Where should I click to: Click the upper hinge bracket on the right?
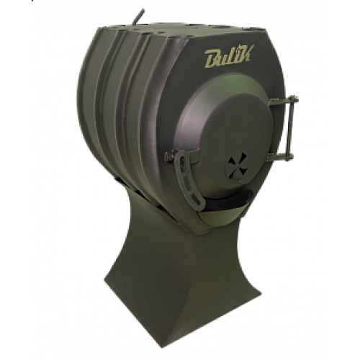pyautogui.click(x=283, y=100)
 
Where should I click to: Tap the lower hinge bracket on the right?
pyautogui.click(x=279, y=157)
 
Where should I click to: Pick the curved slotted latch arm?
pyautogui.click(x=189, y=181)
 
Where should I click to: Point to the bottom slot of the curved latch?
pyautogui.click(x=197, y=198)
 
